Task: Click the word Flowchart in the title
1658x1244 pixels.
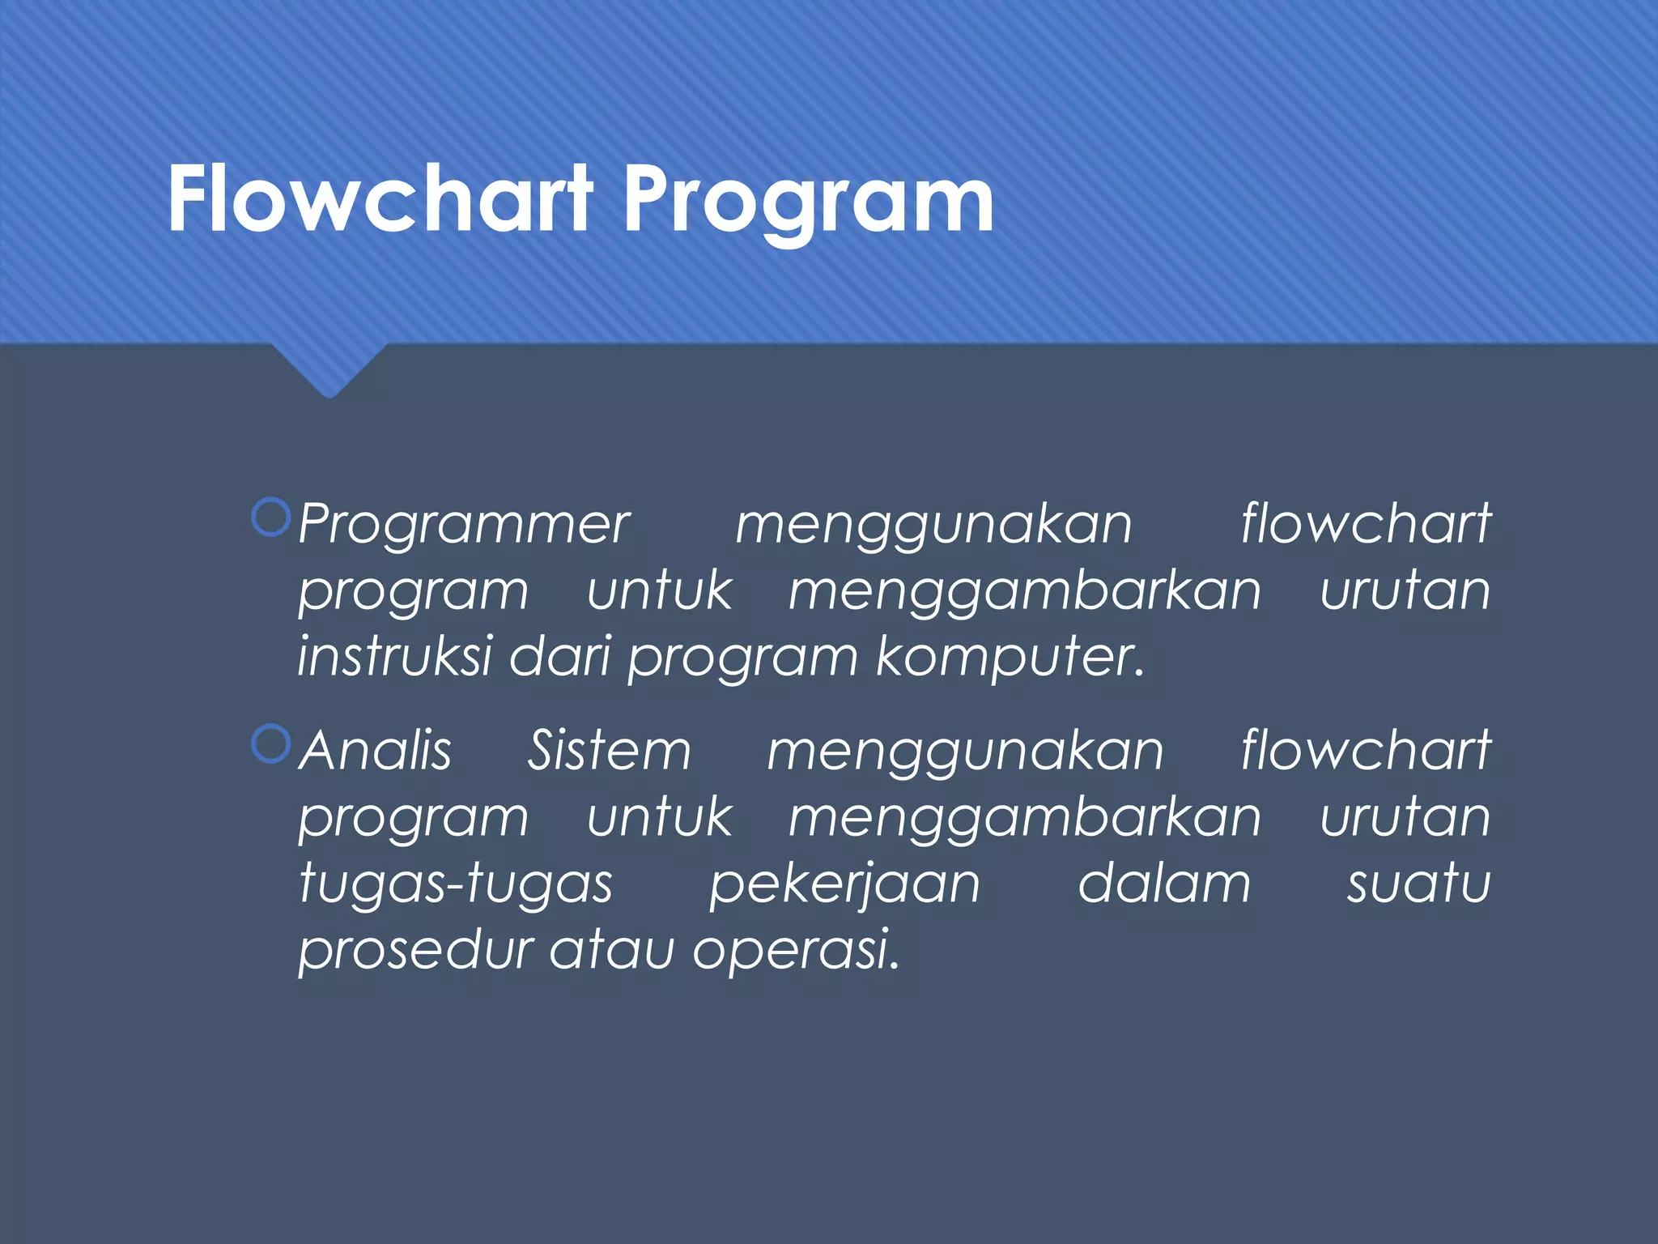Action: [x=380, y=199]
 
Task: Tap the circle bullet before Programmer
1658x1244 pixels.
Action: [x=270, y=518]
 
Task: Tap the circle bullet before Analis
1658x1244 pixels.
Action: [x=270, y=743]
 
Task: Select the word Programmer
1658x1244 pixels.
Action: [x=464, y=525]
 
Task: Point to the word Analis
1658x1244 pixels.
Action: [x=375, y=751]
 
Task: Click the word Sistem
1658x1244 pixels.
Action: [x=610, y=751]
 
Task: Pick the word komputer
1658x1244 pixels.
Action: [x=1010, y=657]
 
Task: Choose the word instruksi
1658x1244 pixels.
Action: [x=395, y=657]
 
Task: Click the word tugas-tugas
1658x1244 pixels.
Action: [x=456, y=884]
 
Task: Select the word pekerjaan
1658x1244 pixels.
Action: [x=844, y=884]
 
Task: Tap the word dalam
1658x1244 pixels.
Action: [x=1164, y=884]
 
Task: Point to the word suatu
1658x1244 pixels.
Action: [x=1418, y=884]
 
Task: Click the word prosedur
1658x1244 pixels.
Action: [x=415, y=950]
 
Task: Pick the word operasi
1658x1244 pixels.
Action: [x=796, y=950]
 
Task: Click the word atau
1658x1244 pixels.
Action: [x=612, y=950]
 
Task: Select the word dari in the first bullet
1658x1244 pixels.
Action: [x=559, y=657]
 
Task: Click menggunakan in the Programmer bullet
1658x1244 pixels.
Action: [x=933, y=525]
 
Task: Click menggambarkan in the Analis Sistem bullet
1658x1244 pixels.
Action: [x=1025, y=818]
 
